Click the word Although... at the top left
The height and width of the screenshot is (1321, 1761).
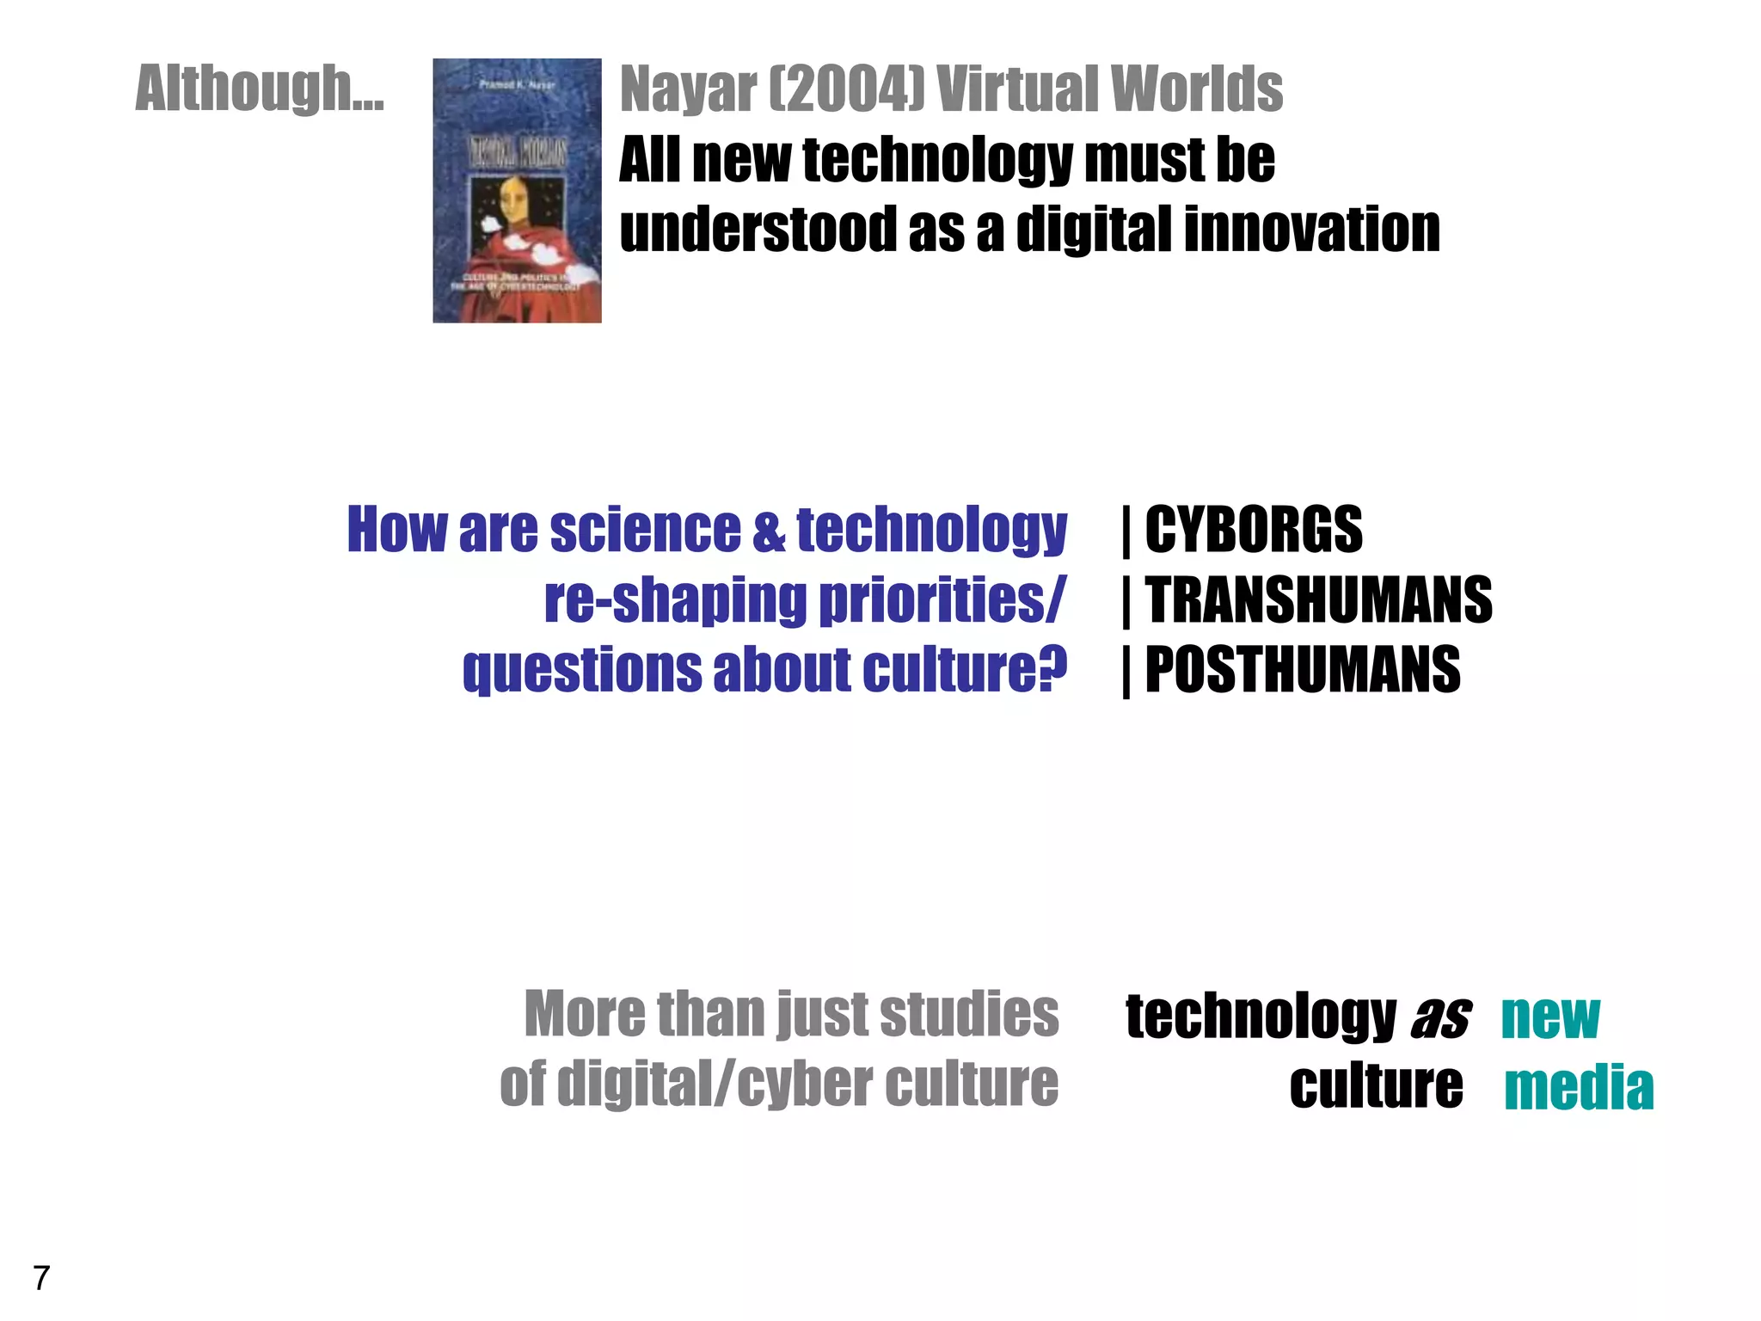(x=260, y=89)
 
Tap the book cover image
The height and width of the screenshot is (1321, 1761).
(x=517, y=191)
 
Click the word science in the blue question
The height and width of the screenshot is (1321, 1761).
(x=645, y=530)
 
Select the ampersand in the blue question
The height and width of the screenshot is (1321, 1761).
(x=769, y=531)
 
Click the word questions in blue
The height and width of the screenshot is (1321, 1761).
(x=582, y=671)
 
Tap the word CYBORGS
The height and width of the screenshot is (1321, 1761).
(x=1254, y=530)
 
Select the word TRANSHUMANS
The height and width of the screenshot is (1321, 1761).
(x=1318, y=600)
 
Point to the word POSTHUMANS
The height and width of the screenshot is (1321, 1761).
(x=1303, y=671)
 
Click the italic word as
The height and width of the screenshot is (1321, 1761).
(x=1440, y=1017)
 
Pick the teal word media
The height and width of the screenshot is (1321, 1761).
(x=1579, y=1088)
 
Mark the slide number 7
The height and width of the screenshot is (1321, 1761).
(x=41, y=1279)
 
